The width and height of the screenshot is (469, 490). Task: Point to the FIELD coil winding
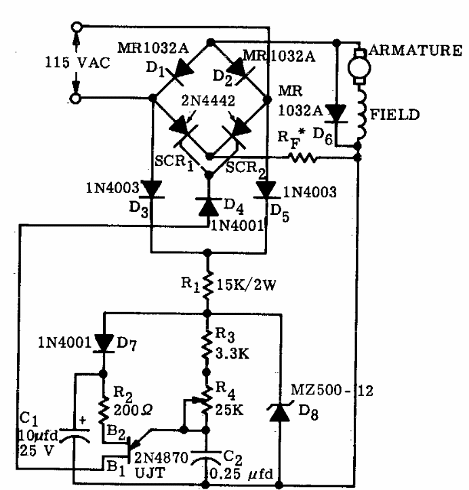pyautogui.click(x=358, y=115)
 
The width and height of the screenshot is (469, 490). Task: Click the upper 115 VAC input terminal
pyautogui.click(x=78, y=28)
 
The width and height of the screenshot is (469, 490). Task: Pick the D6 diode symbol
pyautogui.click(x=337, y=113)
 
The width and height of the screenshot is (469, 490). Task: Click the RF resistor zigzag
pyautogui.click(x=303, y=157)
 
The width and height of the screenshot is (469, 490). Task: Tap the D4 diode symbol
pyautogui.click(x=209, y=205)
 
